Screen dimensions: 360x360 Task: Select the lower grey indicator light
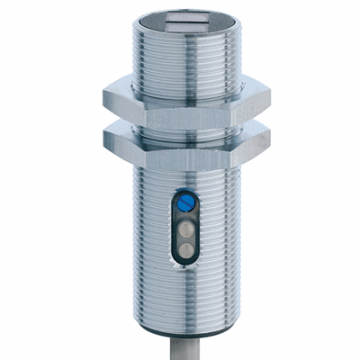click(185, 248)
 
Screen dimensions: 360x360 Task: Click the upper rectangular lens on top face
click(187, 13)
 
